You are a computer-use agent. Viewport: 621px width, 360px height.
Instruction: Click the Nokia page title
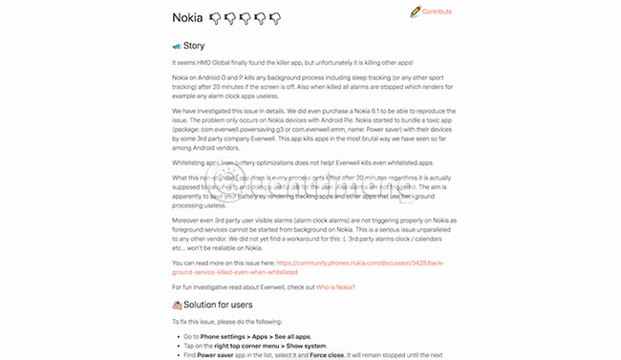coord(192,17)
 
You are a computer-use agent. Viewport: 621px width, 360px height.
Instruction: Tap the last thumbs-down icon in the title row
coord(275,18)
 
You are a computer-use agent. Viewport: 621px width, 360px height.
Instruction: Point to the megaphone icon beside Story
coord(177,46)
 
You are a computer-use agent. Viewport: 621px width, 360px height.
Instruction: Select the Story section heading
coord(194,46)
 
